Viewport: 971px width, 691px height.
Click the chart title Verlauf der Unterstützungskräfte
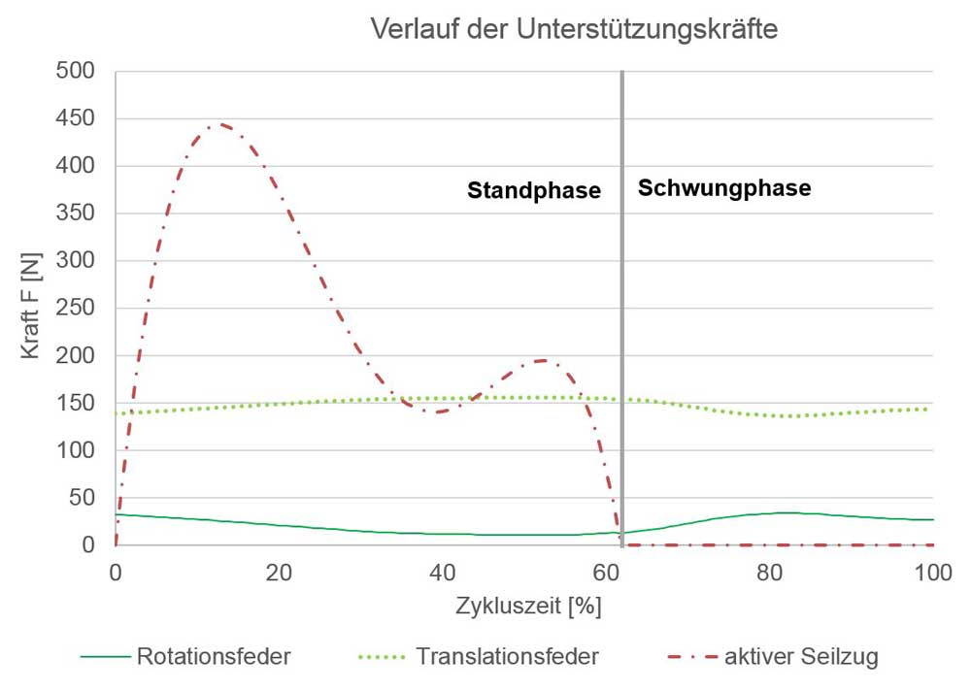(575, 30)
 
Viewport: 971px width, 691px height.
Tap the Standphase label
(534, 191)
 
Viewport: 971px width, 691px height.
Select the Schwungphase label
(724, 188)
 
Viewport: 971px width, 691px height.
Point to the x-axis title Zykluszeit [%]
(528, 607)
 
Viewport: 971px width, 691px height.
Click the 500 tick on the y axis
(75, 71)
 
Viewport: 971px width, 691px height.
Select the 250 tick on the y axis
(75, 309)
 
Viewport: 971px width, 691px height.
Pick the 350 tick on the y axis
(75, 214)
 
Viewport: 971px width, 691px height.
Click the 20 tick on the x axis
(279, 573)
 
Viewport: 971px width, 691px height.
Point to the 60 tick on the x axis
(606, 573)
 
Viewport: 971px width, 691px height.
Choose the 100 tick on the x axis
(933, 573)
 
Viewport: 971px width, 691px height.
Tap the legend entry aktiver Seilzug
(801, 657)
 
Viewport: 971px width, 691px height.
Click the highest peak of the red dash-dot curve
(216, 124)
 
